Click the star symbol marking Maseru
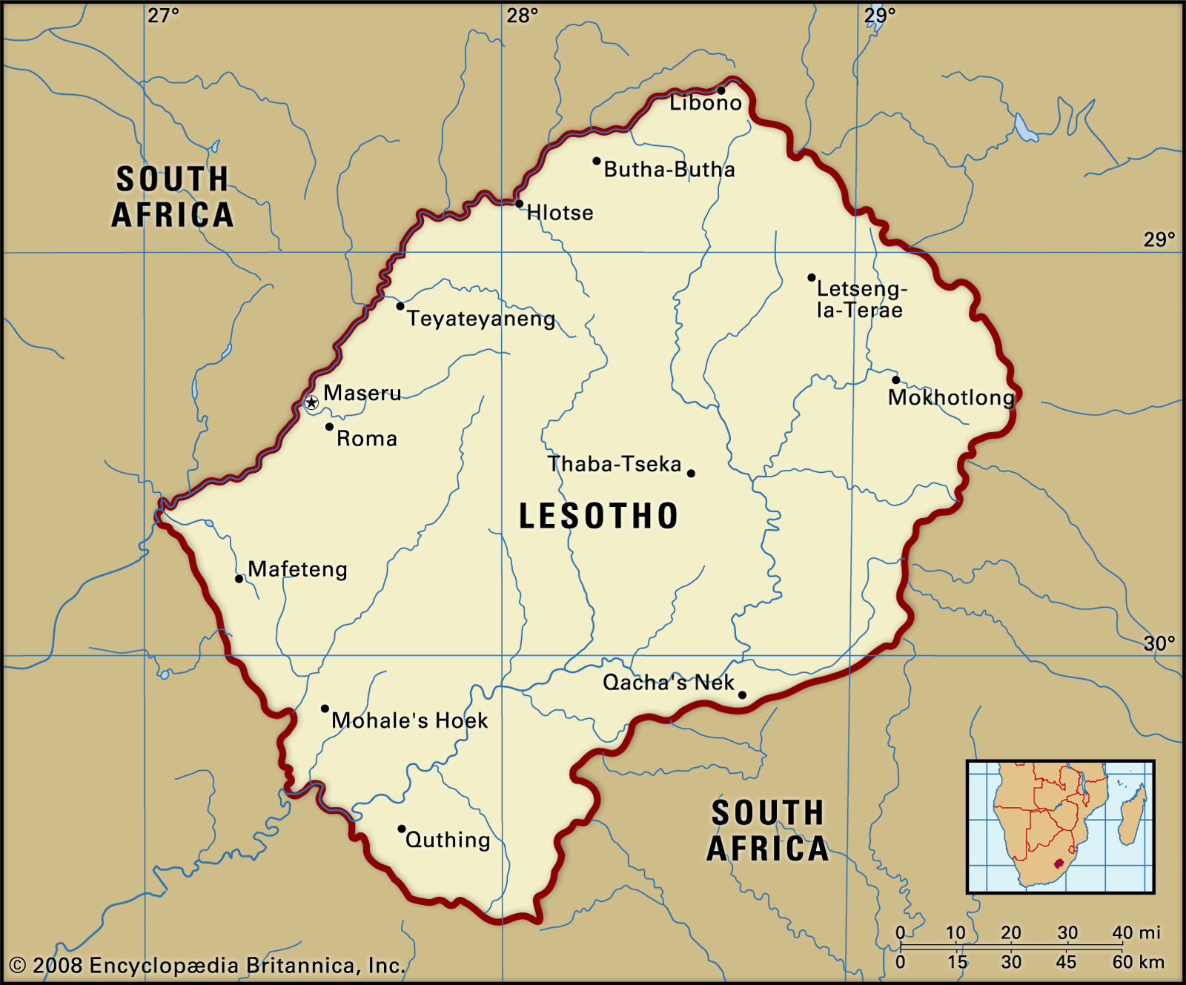[311, 402]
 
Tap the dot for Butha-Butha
[596, 161]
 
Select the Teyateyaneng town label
[481, 319]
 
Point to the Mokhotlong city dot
[895, 380]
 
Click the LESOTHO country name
[598, 516]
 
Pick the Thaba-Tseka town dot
[691, 473]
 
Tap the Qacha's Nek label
[668, 683]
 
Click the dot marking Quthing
[402, 829]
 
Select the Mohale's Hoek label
[410, 720]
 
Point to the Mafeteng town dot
[239, 579]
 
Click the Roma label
[367, 439]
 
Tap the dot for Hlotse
[519, 204]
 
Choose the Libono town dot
[720, 90]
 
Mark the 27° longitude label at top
[163, 16]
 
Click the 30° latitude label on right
[1159, 643]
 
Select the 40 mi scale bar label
[1136, 932]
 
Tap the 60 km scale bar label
[1138, 962]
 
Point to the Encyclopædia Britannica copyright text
[208, 965]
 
